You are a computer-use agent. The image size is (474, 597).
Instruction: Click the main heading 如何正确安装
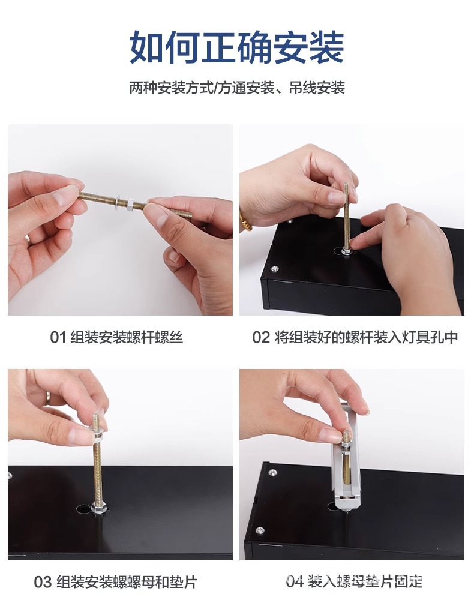tap(236, 47)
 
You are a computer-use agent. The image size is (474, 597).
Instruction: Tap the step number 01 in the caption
tap(58, 337)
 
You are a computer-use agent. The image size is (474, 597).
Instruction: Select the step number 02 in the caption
tap(261, 337)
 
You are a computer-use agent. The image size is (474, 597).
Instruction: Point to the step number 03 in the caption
tap(43, 582)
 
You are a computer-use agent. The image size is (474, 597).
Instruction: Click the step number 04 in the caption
tap(294, 581)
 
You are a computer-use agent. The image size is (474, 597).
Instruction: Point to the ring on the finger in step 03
tap(47, 398)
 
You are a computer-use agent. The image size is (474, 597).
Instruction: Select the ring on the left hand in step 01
tap(28, 239)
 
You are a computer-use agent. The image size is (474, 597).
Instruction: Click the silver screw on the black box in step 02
tap(275, 269)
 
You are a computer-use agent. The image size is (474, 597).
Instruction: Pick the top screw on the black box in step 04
tap(273, 473)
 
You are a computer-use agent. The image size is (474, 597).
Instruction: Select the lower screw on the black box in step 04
tap(260, 530)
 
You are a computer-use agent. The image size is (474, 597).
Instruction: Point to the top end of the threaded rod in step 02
tap(346, 185)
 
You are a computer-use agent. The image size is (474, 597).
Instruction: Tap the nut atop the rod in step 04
tap(346, 443)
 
